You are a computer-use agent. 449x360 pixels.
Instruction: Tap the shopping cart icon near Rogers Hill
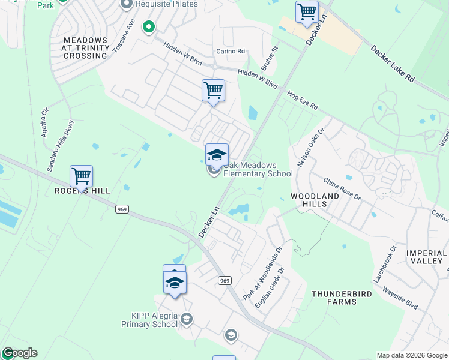(81, 176)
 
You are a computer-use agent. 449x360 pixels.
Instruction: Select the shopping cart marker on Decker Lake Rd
(307, 11)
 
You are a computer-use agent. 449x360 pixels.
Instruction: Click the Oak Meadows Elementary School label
(258, 169)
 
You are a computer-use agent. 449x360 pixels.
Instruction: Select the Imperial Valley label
(427, 257)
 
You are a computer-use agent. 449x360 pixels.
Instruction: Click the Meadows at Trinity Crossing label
(85, 47)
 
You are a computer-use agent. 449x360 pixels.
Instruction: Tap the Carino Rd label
(231, 52)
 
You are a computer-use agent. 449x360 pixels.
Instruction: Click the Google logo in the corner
(19, 353)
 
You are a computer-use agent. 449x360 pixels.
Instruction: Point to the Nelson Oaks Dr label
(312, 147)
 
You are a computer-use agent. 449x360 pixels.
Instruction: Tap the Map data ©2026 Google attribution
(412, 355)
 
